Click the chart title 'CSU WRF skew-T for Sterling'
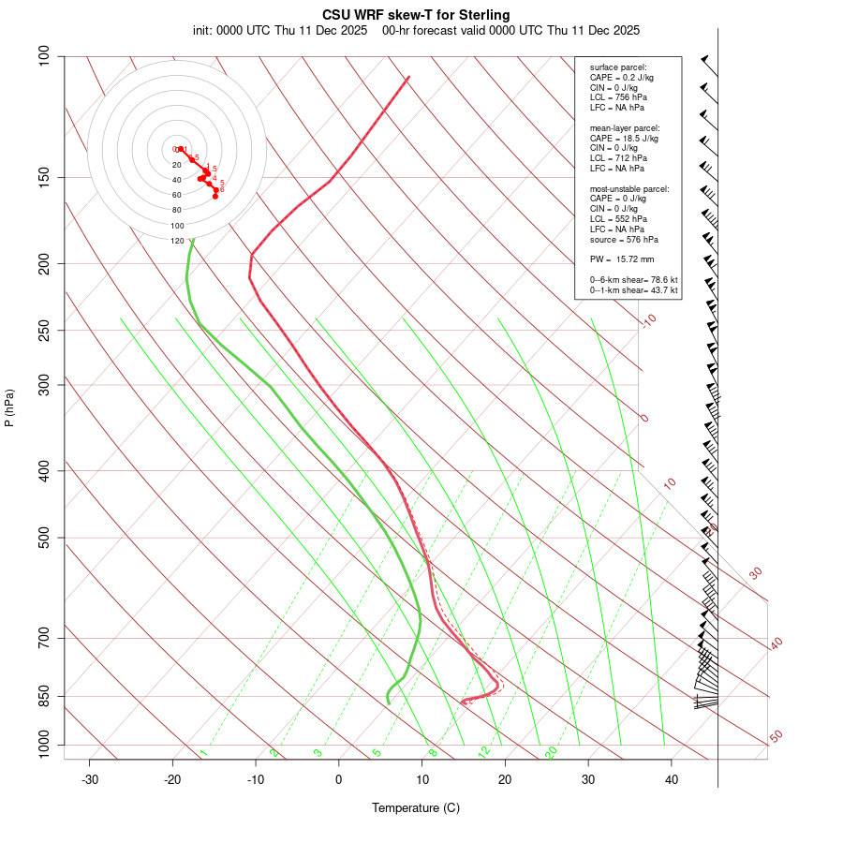pos(416,15)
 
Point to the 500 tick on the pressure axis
pos(43,538)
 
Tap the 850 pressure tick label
pos(43,696)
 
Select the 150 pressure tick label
pos(43,177)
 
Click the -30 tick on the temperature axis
pos(90,779)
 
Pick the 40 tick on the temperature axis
pos(672,779)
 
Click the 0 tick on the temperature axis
pos(339,779)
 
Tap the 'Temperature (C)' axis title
pos(416,807)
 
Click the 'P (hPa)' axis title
pos(10,407)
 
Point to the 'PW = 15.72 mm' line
pos(622,259)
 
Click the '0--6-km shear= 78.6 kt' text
pos(634,280)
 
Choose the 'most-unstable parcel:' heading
pos(629,188)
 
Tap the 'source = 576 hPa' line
pos(623,240)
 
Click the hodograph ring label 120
pos(177,241)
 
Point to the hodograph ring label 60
pos(177,195)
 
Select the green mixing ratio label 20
pos(552,751)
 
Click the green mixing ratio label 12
pos(484,752)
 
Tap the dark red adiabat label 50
pos(776,737)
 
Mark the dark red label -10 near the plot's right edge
pos(649,320)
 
